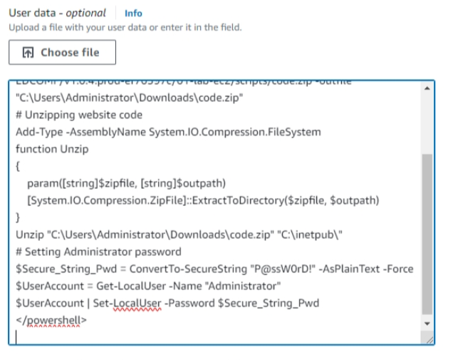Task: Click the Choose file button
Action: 62,52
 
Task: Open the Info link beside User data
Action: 133,14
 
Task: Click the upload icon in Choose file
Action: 28,52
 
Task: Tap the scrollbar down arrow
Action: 427,323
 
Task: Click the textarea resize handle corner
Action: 429,341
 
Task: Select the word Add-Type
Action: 37,132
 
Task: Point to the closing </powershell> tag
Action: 51,320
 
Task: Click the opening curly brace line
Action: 19,166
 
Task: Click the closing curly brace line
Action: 19,217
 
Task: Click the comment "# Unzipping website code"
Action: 79,115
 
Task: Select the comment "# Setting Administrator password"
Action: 98,252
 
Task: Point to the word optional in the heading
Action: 85,13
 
